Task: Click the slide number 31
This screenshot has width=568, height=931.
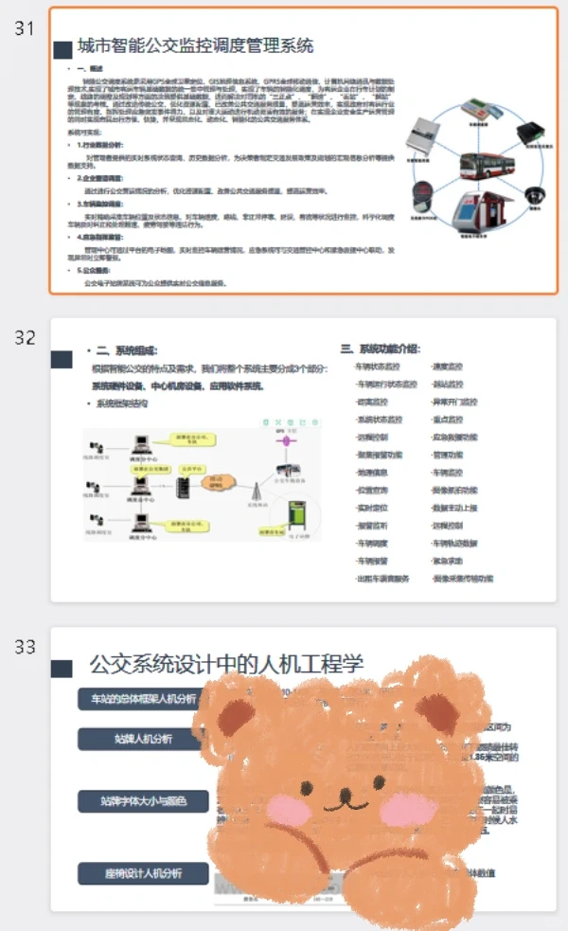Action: [x=25, y=27]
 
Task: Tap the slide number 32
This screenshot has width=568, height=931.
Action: [x=25, y=338]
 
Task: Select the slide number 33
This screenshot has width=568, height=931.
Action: [x=25, y=647]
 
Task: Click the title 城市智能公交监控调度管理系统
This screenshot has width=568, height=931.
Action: [x=195, y=45]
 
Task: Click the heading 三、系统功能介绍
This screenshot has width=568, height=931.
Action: [x=380, y=349]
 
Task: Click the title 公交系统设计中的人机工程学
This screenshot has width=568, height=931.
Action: [x=226, y=664]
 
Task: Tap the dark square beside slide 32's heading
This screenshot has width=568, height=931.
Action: [x=62, y=359]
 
